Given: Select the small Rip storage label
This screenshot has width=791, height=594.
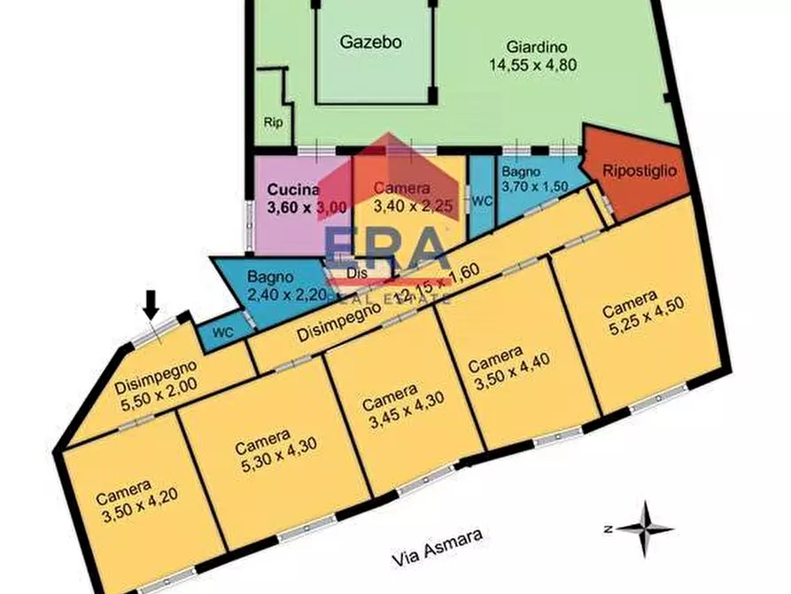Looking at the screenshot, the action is point(273,122).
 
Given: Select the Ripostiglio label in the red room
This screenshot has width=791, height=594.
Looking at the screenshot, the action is point(640,170).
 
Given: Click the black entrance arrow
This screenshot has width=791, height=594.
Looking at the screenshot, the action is point(151,306).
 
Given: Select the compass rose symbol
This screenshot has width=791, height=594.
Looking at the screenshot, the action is point(645,528).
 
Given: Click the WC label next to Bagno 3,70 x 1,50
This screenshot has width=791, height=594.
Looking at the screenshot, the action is point(481,201).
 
